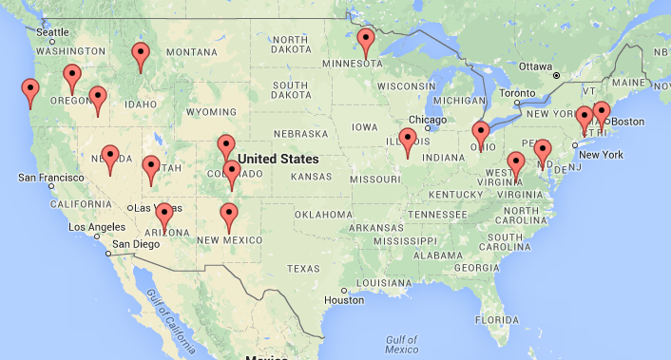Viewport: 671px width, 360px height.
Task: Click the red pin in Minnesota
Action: [366, 42]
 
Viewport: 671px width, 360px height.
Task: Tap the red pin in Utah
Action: [151, 168]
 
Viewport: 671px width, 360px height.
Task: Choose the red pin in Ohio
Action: [481, 134]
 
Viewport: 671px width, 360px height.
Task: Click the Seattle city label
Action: [52, 31]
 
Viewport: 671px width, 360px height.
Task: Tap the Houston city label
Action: [344, 300]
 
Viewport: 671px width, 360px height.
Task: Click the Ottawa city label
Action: [536, 66]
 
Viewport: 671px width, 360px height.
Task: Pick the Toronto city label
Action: [518, 93]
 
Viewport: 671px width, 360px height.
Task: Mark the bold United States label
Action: [278, 159]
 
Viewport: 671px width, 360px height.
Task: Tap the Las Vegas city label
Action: [152, 208]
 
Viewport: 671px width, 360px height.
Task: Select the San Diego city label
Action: [134, 244]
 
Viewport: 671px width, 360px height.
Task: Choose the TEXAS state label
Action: [303, 269]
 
